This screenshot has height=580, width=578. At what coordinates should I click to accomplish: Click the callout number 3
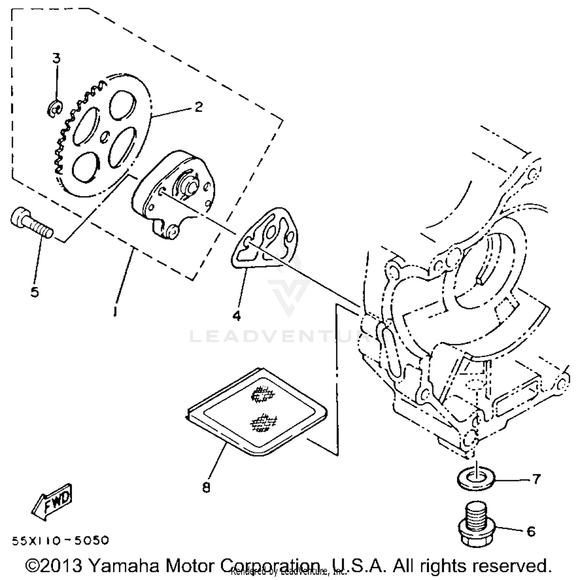(56, 58)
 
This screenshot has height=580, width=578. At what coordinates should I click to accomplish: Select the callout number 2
(198, 107)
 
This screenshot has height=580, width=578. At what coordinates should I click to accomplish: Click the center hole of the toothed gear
(104, 136)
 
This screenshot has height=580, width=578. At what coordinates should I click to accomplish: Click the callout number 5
(35, 292)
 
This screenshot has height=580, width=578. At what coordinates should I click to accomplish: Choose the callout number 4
(236, 316)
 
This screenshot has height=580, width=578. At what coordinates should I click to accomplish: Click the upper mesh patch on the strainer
(263, 394)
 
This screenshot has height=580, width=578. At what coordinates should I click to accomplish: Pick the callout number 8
(206, 488)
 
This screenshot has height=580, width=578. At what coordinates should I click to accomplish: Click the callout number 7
(536, 479)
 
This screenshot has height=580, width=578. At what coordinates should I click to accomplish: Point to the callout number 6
(531, 532)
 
